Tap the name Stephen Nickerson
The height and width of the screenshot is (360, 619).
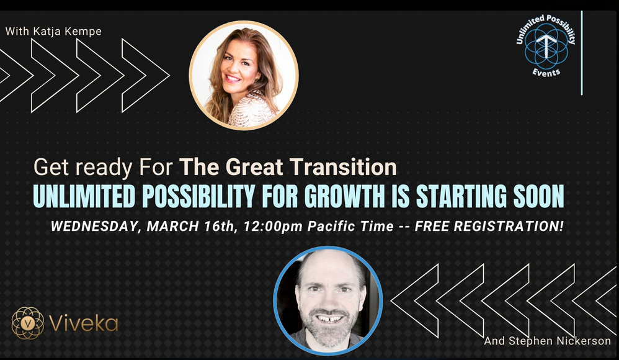[559, 341]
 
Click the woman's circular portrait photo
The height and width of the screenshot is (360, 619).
[244, 76]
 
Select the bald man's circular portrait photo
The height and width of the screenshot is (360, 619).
[328, 301]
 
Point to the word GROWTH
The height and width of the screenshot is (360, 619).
[344, 196]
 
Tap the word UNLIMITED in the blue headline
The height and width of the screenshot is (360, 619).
[84, 196]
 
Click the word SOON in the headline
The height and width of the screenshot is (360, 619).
[538, 196]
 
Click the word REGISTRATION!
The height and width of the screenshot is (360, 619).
[509, 227]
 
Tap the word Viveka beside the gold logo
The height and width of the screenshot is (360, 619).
[84, 323]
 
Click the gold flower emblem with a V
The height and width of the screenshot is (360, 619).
[28, 323]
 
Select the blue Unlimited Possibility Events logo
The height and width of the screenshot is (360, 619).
[546, 46]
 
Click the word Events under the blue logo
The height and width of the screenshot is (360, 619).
[546, 72]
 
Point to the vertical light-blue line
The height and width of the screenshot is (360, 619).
[582, 53]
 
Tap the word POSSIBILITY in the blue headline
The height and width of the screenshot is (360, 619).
[198, 196]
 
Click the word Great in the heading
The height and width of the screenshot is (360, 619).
[254, 167]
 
